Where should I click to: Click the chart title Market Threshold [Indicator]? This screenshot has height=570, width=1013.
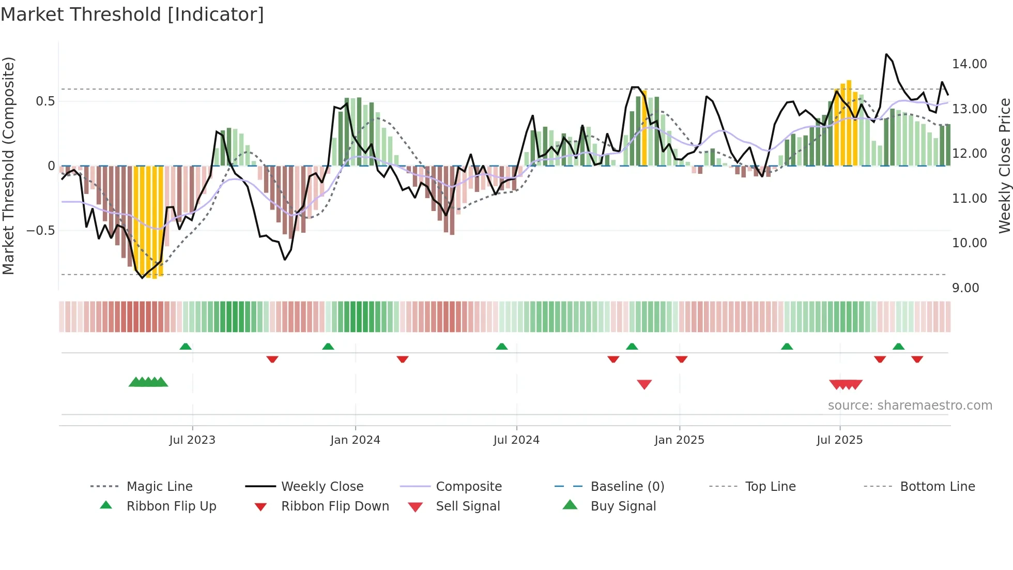(132, 14)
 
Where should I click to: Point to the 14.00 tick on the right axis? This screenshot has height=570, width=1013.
(969, 64)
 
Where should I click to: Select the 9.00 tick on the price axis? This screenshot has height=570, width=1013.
(965, 288)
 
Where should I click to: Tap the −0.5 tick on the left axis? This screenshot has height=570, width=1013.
(40, 231)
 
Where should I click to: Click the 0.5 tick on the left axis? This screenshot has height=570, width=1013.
(45, 101)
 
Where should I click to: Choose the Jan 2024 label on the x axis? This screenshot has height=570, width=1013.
(355, 440)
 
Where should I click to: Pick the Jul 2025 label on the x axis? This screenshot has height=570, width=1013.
(839, 440)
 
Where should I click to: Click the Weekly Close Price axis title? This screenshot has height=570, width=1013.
(1004, 166)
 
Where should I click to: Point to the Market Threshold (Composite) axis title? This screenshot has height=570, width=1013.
(8, 166)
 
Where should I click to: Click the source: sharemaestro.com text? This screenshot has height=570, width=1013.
(910, 406)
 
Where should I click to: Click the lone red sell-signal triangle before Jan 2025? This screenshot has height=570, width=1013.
(644, 384)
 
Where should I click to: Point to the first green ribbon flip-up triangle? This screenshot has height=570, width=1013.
(186, 347)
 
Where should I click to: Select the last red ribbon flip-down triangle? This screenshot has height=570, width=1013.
(917, 359)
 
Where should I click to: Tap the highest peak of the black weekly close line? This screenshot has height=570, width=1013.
(886, 54)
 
